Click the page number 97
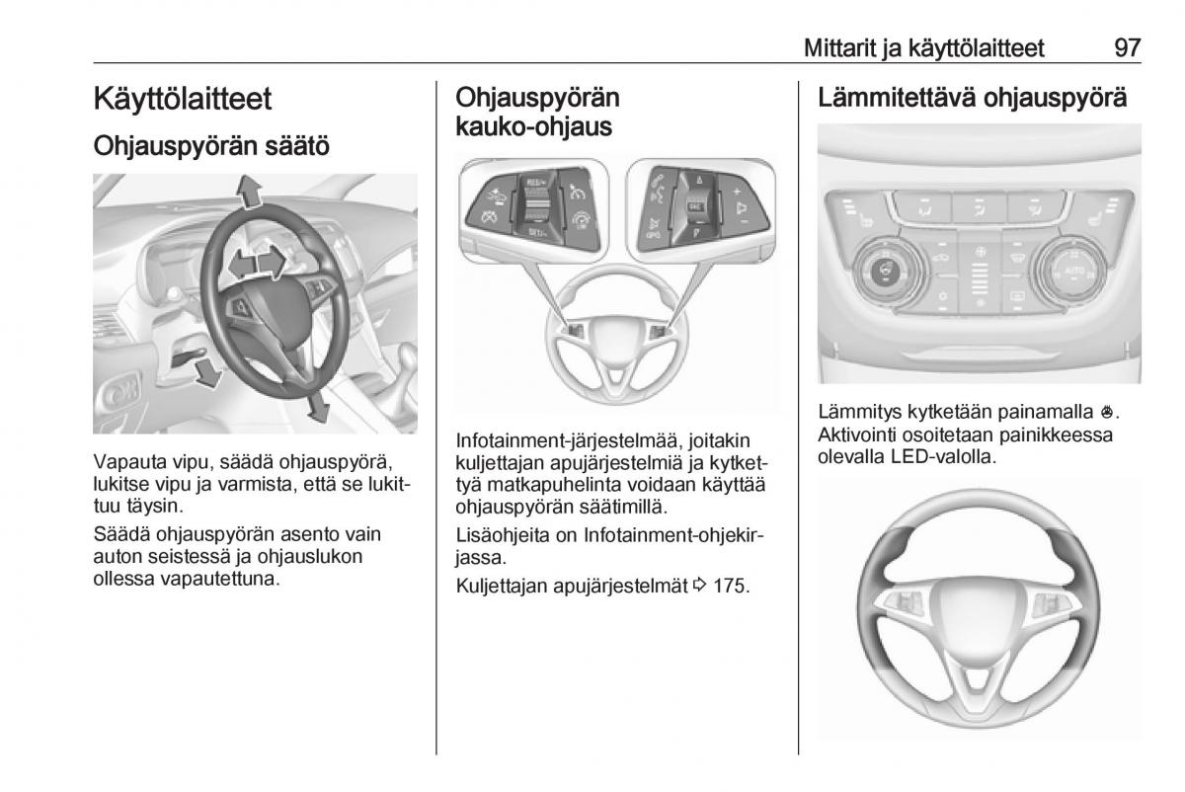[1127, 47]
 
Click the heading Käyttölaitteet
[183, 99]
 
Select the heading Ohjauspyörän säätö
[211, 146]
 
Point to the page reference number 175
[731, 586]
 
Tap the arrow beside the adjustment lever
[205, 372]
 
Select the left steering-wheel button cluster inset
[537, 208]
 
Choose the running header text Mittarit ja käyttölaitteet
[924, 47]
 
